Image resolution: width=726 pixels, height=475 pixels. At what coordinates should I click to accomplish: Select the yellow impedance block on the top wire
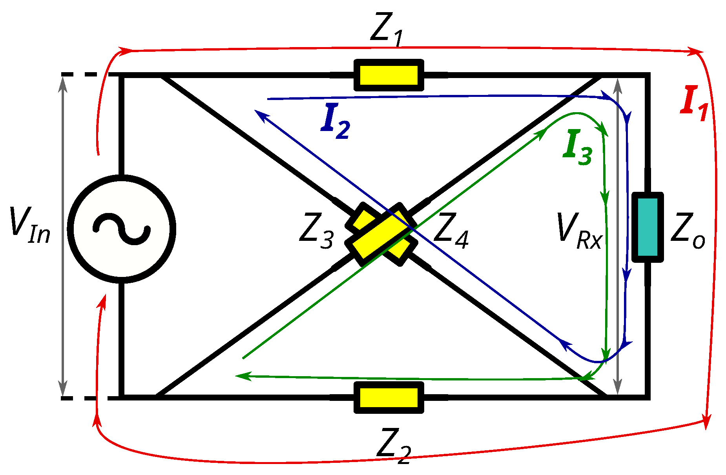[389, 75]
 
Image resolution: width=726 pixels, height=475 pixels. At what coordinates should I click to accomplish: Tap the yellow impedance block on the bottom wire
[389, 397]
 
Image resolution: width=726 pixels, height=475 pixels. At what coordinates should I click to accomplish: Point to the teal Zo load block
[648, 227]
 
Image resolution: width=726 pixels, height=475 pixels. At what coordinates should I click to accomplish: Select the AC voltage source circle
[122, 229]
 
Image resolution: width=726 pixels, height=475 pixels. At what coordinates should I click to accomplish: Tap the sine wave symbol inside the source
[122, 229]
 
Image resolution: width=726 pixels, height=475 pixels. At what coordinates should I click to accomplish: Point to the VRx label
[579, 231]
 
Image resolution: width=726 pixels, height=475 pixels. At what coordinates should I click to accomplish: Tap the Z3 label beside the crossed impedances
[316, 231]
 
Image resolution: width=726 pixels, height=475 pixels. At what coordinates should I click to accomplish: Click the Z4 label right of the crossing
[451, 231]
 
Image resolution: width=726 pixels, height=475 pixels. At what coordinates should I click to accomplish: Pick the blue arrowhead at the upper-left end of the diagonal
[260, 115]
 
